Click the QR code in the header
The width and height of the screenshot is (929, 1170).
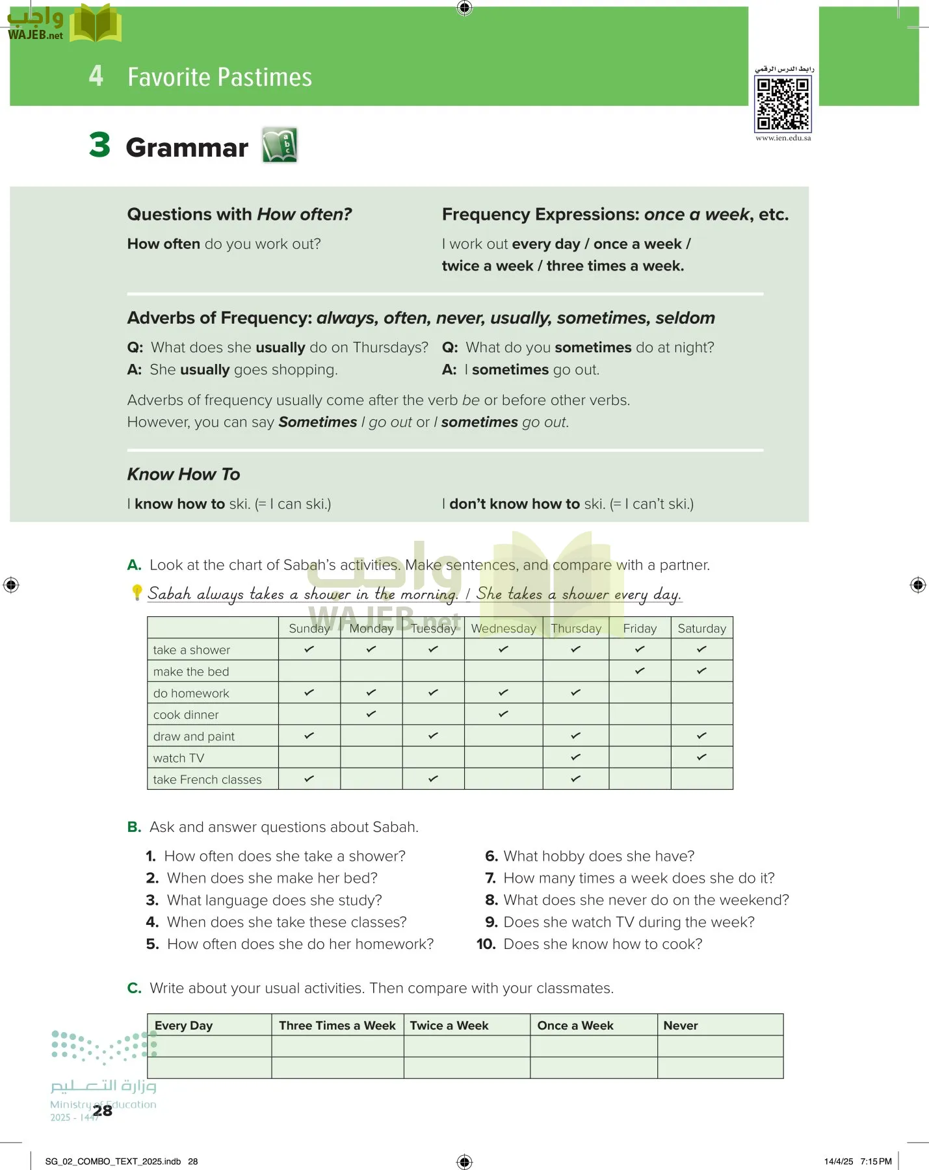coord(783,103)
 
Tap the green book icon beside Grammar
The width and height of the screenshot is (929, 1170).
coord(280,145)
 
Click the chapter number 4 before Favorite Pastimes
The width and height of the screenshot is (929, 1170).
coord(96,76)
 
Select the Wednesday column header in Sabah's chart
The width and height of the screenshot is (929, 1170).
coord(503,629)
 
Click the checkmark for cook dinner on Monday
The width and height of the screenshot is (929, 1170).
coord(371,714)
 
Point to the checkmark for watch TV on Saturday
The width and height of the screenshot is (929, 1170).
coord(701,757)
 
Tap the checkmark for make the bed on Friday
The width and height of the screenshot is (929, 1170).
coord(640,670)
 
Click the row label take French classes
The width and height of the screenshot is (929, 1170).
coord(207,779)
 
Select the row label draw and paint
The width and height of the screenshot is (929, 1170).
coord(194,736)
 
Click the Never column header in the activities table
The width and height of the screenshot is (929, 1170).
coord(680,1026)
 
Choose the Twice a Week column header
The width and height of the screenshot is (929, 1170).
coord(449,1026)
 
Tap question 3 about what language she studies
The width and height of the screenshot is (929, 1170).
coord(274,900)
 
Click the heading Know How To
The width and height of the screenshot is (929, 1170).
coord(183,474)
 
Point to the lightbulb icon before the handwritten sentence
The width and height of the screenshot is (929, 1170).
coord(137,592)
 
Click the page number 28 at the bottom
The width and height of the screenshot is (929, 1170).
coord(102,1111)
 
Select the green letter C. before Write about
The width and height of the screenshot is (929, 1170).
coord(134,988)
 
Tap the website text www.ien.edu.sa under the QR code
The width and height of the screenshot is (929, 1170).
coord(783,138)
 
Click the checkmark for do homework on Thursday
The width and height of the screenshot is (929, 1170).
coord(575,692)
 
